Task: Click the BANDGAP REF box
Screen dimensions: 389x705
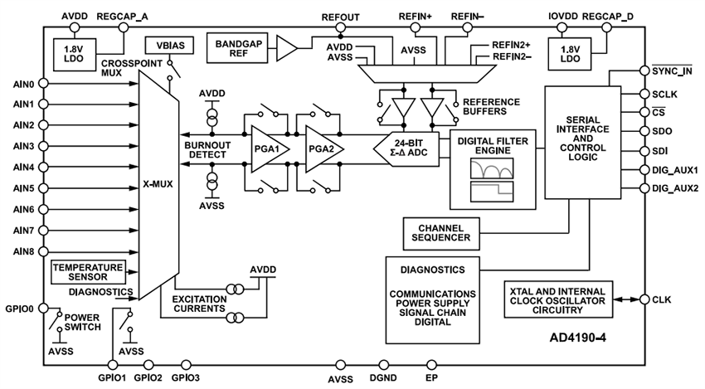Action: coord(239,49)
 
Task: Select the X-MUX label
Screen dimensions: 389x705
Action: coord(158,184)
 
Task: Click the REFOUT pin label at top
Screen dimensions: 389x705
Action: coord(340,16)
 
